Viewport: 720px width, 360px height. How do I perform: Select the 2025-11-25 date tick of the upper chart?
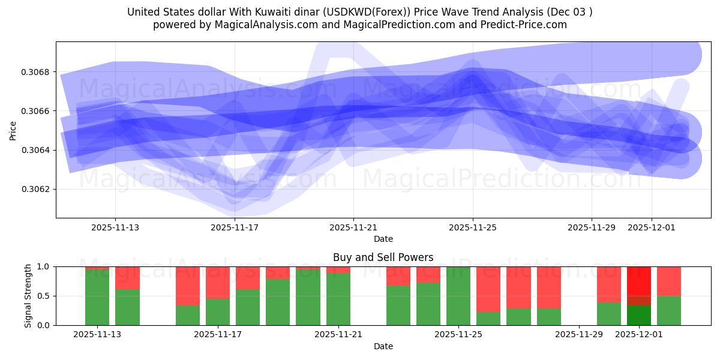(x=473, y=227)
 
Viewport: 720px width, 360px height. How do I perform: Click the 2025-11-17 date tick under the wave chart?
(x=235, y=227)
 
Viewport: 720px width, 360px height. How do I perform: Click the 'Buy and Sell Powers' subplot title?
(x=383, y=257)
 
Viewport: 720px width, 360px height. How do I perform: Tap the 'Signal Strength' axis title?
(x=28, y=296)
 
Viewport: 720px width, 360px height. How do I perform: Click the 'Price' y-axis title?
(x=13, y=130)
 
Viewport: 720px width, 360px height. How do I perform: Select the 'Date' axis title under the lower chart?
(x=383, y=346)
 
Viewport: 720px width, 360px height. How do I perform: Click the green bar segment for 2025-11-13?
(x=97, y=298)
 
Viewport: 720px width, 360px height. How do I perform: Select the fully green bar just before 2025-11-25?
(x=458, y=296)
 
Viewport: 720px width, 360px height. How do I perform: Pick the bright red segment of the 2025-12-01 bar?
(x=638, y=280)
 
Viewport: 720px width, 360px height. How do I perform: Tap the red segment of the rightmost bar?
(x=669, y=281)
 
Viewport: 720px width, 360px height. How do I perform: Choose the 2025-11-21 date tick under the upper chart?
(x=353, y=227)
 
